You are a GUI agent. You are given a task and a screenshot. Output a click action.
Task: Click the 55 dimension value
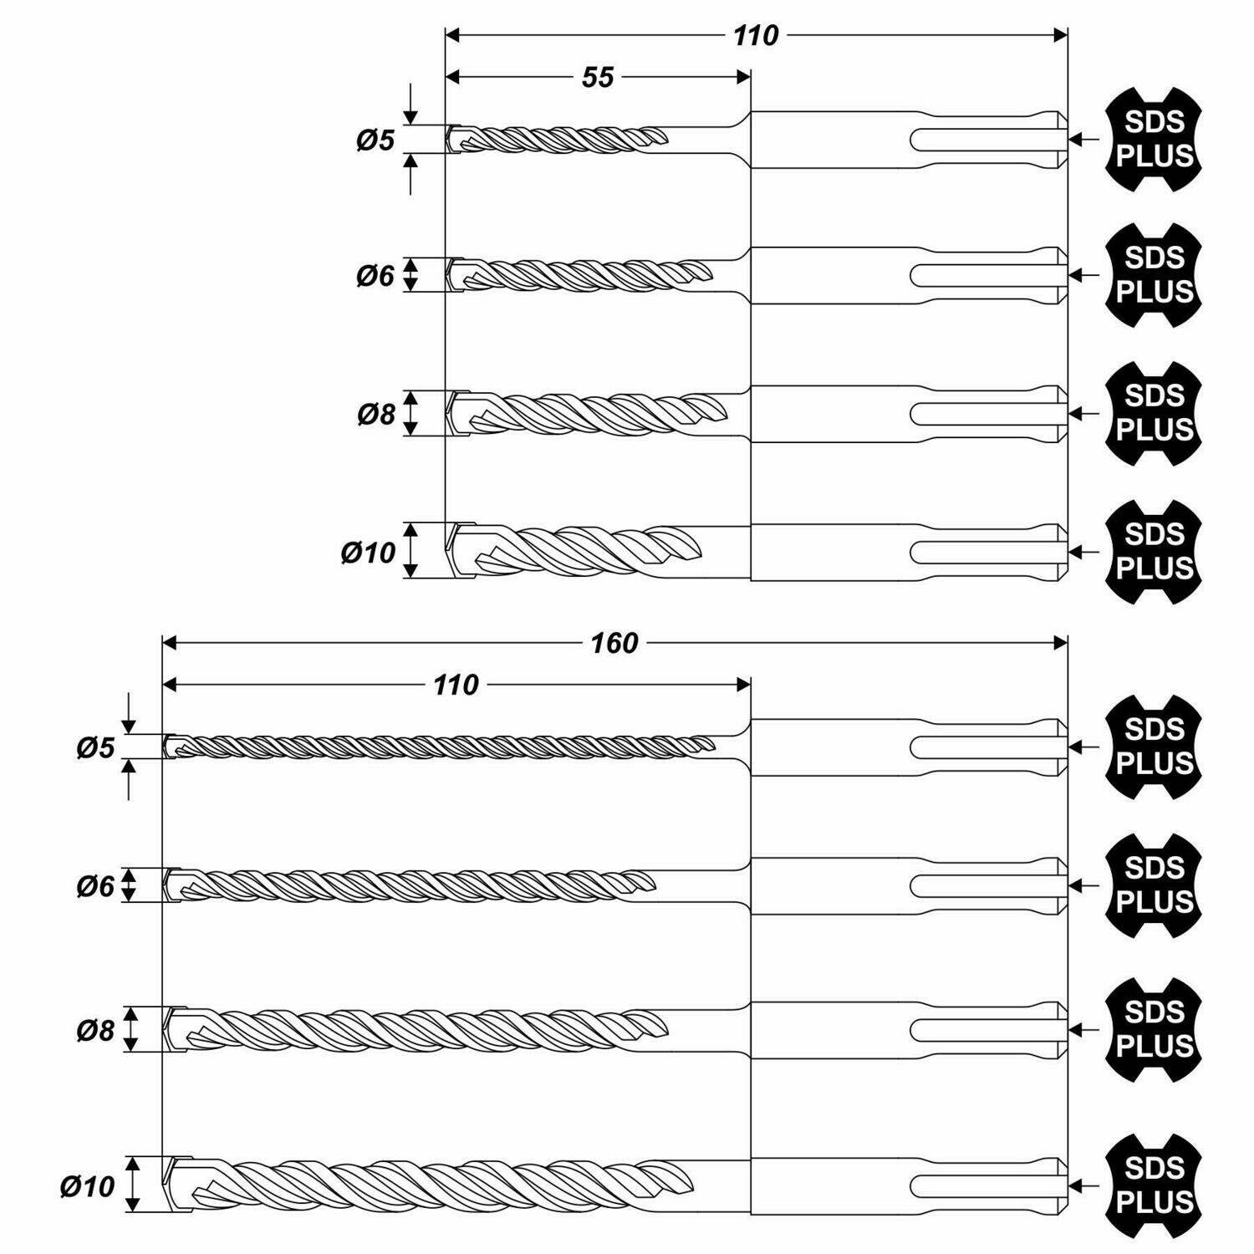[x=598, y=78]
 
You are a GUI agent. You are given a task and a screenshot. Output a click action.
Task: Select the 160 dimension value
[x=614, y=643]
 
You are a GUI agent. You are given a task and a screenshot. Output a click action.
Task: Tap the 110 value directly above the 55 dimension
[x=756, y=36]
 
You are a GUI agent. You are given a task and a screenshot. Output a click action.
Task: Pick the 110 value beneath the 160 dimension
[x=456, y=686]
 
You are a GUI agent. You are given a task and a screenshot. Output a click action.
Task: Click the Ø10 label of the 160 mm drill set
[x=87, y=1186]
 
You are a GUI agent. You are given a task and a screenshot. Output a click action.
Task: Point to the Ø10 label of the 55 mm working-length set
[x=368, y=553]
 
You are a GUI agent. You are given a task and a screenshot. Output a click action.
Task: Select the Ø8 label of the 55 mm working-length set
[x=376, y=414]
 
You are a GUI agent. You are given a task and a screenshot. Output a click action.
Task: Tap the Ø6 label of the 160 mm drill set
[x=95, y=886]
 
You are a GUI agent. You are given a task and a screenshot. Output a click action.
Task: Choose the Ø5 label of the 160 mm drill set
[x=95, y=747]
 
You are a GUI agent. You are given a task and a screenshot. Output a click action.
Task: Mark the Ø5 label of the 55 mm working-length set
[x=375, y=140]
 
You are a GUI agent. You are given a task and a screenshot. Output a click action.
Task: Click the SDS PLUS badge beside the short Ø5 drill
[x=1155, y=140]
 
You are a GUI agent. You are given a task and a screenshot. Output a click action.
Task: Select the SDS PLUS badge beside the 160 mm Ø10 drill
[x=1155, y=1186]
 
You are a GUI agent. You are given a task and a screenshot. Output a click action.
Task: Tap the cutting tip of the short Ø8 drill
[x=449, y=413]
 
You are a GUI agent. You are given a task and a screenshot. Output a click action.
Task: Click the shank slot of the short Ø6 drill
[x=986, y=275]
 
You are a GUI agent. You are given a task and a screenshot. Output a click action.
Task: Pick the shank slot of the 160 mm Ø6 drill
[x=986, y=886]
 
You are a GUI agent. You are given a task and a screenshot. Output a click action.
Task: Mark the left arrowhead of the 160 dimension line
[x=170, y=643]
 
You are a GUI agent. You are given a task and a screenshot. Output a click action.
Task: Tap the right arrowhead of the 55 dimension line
[x=742, y=78]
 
